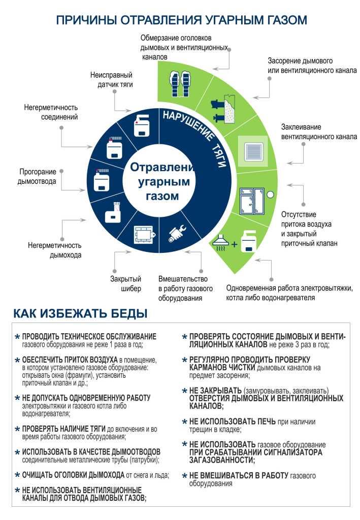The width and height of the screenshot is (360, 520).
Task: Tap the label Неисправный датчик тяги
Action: click(x=111, y=80)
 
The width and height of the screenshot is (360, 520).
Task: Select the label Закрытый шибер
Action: click(x=125, y=283)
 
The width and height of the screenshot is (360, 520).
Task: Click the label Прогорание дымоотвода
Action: click(x=37, y=176)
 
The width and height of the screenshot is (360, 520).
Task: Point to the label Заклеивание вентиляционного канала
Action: click(x=319, y=132)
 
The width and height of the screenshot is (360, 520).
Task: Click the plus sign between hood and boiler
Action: click(x=235, y=244)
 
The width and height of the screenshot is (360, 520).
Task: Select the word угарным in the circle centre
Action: click(x=164, y=181)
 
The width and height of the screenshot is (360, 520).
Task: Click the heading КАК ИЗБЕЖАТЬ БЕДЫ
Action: click(x=80, y=313)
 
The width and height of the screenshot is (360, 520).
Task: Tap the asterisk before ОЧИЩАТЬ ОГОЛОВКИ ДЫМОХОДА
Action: click(x=18, y=475)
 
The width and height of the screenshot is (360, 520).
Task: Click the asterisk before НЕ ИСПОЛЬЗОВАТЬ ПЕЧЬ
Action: click(x=185, y=422)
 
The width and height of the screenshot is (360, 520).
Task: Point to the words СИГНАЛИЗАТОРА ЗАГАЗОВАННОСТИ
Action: click(x=255, y=457)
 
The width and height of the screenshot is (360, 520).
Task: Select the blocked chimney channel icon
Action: click(x=223, y=109)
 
